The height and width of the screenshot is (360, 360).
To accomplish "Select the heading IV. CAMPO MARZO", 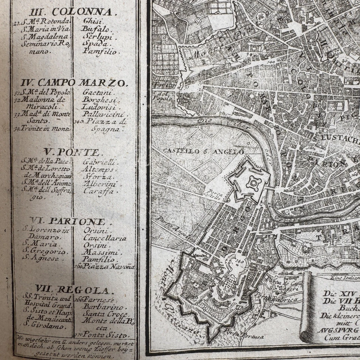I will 83,82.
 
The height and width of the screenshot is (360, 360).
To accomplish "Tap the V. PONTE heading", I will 71,152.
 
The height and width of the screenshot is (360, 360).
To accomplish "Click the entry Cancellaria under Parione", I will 105,238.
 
